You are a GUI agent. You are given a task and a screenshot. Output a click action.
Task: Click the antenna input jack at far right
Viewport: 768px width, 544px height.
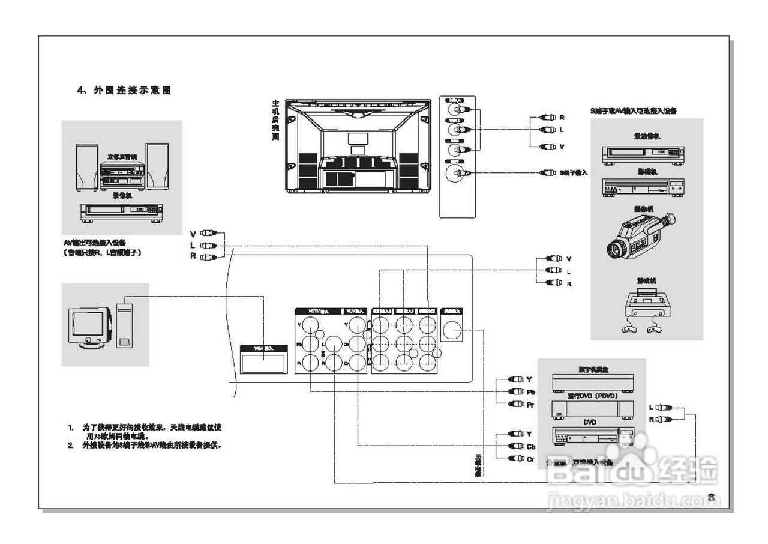tap(452, 330)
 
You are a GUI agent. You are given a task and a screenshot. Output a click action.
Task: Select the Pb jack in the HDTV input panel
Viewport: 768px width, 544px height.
tap(310, 344)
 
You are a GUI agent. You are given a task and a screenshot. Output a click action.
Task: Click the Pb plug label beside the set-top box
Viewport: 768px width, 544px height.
tap(530, 391)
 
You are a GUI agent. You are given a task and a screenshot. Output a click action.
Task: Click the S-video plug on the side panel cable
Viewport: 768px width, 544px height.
tap(547, 173)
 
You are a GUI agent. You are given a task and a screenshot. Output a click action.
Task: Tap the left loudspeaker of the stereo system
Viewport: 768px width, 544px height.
tap(86, 166)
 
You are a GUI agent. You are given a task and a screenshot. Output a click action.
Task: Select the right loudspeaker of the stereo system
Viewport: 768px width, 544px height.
tap(157, 165)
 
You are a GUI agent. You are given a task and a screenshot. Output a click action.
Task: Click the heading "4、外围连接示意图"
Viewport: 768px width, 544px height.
tap(124, 90)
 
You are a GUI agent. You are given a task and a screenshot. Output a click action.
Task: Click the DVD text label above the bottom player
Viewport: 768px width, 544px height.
tap(590, 423)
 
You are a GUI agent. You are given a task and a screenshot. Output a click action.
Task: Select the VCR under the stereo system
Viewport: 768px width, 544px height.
tap(121, 210)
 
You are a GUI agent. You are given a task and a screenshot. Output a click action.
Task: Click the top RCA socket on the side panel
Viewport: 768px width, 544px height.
tap(457, 110)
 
